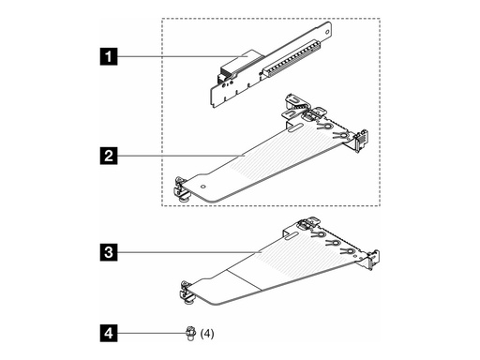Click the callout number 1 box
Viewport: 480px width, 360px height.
coord(112,59)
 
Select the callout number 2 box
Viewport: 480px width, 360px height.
coord(112,152)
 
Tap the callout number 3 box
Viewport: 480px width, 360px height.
coord(112,251)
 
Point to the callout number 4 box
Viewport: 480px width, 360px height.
coord(112,331)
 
